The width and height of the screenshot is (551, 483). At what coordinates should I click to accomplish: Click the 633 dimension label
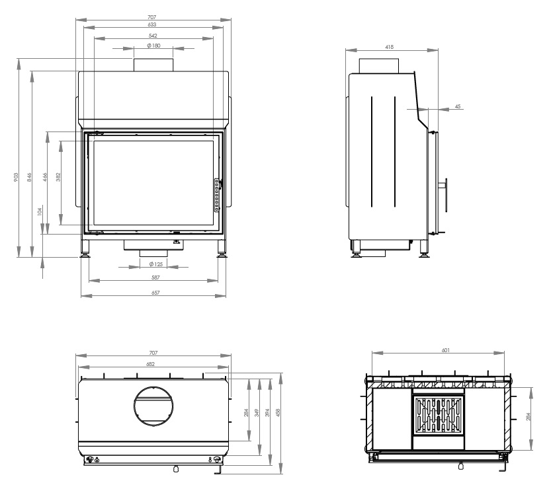point(152,24)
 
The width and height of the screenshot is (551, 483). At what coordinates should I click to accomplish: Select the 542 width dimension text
point(153,36)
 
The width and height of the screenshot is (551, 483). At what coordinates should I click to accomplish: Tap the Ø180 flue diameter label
point(153,46)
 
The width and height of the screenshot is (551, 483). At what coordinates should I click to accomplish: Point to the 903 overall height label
point(16,177)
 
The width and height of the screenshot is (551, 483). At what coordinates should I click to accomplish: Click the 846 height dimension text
point(30,177)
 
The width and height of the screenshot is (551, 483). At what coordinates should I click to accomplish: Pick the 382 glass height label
point(58,177)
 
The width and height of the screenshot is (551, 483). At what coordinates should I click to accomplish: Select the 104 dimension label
point(40,211)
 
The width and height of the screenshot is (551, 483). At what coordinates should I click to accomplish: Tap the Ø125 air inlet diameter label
point(155,264)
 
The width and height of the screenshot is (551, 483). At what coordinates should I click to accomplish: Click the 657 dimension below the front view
point(155,293)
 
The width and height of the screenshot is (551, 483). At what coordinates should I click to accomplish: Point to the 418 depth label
point(390,47)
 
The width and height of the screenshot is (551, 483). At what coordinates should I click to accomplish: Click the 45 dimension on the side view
point(458,106)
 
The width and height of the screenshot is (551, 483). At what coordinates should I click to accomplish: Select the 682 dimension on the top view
point(150,364)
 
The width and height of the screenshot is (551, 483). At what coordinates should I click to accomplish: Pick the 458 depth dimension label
point(278,413)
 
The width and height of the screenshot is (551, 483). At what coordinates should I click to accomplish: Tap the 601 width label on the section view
point(446,350)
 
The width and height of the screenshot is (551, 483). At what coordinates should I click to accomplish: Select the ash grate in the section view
point(438,415)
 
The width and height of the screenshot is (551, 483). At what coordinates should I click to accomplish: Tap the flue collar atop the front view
point(153,65)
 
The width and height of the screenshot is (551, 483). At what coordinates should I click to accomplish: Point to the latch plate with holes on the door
point(217,195)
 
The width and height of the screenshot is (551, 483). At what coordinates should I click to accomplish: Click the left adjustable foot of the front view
point(85,249)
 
